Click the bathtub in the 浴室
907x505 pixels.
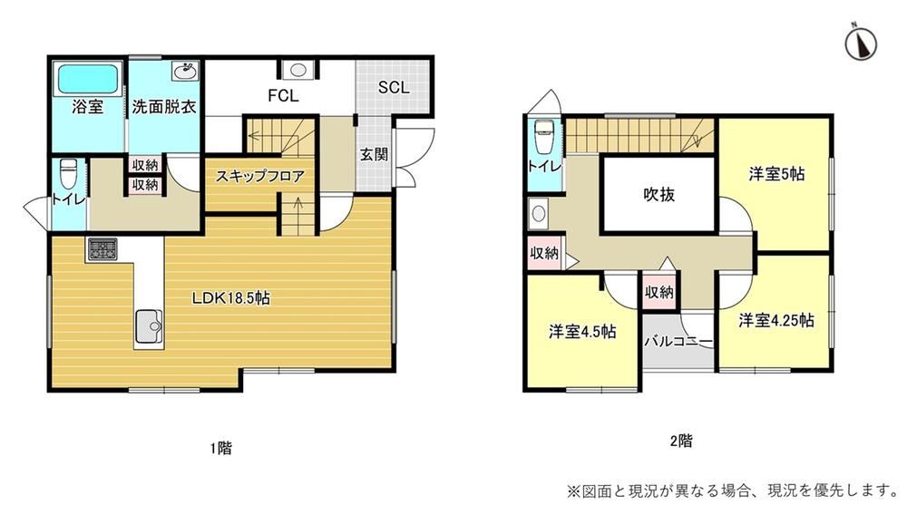point(87,79)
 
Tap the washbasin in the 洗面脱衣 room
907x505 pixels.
point(185,72)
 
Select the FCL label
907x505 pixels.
point(283,95)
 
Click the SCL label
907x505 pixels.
point(394,87)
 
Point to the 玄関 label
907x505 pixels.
point(374,154)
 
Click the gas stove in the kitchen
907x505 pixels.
point(103,249)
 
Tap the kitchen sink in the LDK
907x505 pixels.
point(149,325)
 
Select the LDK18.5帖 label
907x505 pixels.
point(230,298)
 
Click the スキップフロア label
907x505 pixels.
point(259,176)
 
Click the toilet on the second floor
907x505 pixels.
point(543,137)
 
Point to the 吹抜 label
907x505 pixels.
point(658,194)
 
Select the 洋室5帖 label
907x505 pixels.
point(776,173)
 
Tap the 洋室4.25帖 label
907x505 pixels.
point(776,320)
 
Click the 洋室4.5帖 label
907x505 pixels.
point(582,332)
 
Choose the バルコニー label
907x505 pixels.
point(678,342)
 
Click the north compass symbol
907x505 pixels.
point(861,44)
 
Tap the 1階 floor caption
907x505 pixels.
point(220,448)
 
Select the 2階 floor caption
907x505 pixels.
point(681,441)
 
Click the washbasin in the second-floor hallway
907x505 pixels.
point(539,213)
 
